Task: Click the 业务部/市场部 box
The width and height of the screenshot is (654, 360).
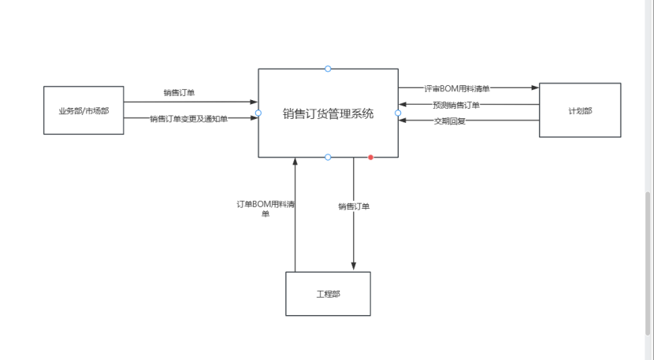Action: pos(84,110)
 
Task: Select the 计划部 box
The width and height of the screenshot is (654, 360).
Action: pos(580,110)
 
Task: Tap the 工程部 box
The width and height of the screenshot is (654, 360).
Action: pos(328,294)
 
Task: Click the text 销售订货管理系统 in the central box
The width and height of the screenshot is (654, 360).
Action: pos(328,113)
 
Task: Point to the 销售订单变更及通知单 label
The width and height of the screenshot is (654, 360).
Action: pos(189,119)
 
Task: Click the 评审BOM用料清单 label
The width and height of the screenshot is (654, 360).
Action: pos(457,89)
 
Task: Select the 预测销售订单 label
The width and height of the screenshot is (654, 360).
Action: pos(456,105)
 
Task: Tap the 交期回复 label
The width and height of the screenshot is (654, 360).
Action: pos(450,121)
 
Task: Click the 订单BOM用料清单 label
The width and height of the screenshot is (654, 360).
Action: pos(266,208)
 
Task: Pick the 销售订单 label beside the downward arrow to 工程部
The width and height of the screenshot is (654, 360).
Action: pos(354,206)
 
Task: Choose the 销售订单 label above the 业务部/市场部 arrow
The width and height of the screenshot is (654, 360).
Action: pos(179,93)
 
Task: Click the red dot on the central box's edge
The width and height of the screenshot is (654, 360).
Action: pos(370,158)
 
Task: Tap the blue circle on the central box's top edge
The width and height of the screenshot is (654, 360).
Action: pos(328,69)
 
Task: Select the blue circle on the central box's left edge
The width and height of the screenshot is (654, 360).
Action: pos(258,113)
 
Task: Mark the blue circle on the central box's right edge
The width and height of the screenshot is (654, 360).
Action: pos(398,113)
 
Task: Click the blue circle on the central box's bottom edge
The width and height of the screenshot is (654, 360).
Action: pos(328,158)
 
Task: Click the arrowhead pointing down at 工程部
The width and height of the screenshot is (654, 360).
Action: pos(354,267)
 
